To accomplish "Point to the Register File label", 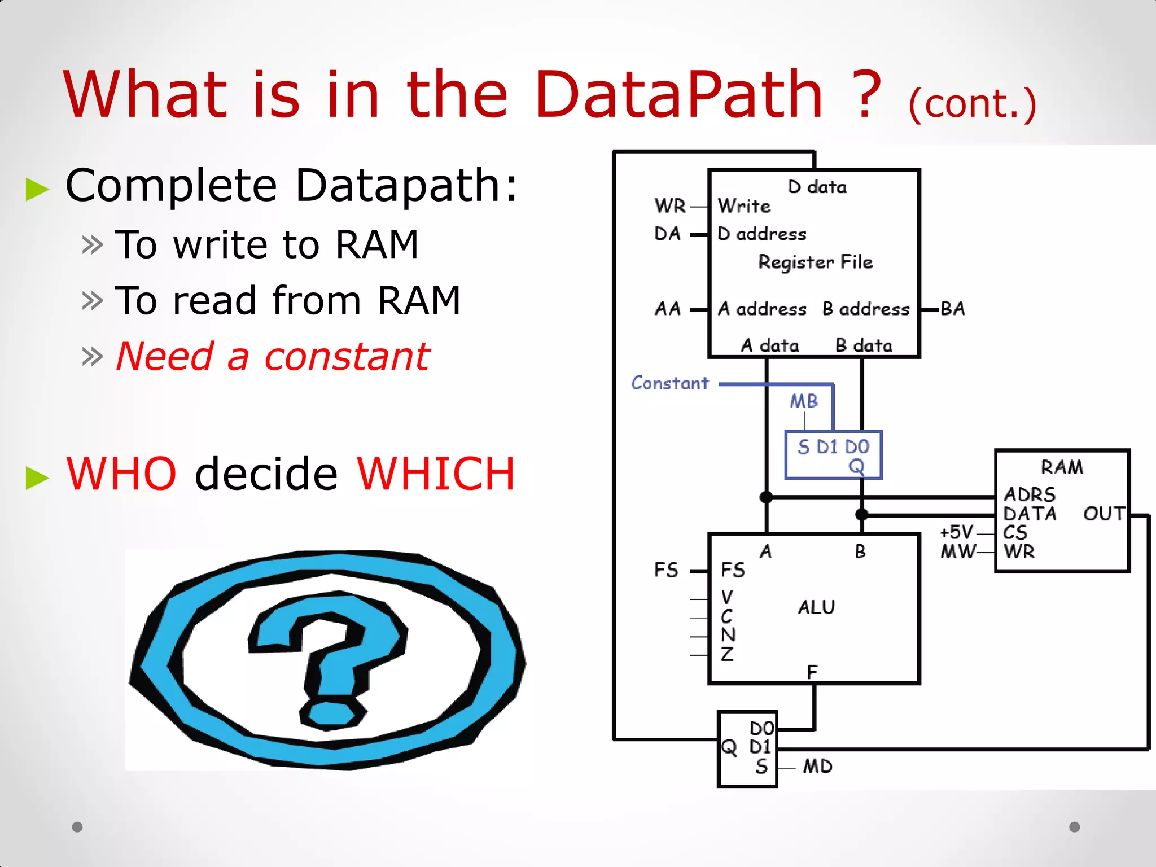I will (x=815, y=262).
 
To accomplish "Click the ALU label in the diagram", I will (x=816, y=607).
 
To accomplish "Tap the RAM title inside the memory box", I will (x=1062, y=467).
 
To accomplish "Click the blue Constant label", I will (x=669, y=383).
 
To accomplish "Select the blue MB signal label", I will (x=803, y=401).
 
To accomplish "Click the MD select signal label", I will (x=817, y=767).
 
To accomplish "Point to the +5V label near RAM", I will (x=956, y=532).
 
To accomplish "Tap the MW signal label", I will (x=957, y=551).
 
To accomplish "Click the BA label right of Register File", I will (x=953, y=309).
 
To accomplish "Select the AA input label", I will (x=668, y=309).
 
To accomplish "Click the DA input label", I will (x=667, y=234).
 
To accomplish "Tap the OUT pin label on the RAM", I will (x=1104, y=514).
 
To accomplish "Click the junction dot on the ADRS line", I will (x=766, y=497).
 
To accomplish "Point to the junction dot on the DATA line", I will (x=861, y=514).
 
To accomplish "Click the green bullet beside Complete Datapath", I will (x=37, y=189).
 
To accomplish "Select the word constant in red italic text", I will (x=347, y=357).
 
